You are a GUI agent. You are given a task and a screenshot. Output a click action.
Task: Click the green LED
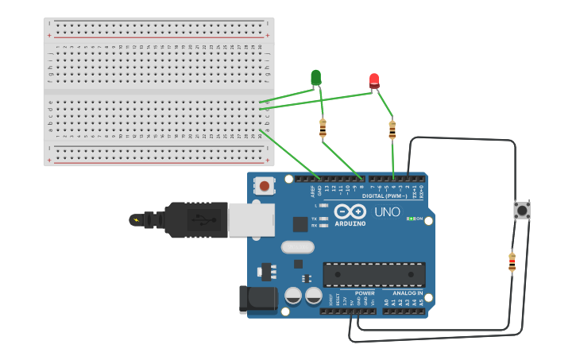[x=315, y=77]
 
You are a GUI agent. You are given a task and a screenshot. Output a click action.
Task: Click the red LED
[x=374, y=80]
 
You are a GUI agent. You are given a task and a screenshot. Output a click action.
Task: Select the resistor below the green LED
[x=323, y=128]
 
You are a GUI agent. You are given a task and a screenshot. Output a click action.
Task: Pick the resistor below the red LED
[x=392, y=130]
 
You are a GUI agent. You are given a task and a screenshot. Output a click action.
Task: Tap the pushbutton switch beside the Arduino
[x=522, y=211]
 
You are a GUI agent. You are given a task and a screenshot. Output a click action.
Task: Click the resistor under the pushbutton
[x=512, y=261]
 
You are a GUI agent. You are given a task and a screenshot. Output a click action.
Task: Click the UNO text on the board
[x=387, y=212]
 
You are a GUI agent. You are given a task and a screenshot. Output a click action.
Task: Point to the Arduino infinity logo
[x=350, y=212]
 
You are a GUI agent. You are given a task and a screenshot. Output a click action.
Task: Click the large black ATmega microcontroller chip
[x=373, y=274]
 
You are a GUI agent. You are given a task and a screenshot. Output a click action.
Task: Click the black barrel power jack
[x=259, y=299]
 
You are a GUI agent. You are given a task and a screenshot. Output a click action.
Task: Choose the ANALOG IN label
[x=408, y=293]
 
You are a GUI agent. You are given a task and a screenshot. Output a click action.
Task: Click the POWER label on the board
[x=365, y=293]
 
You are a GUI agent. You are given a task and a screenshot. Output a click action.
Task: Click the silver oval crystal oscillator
[x=298, y=248]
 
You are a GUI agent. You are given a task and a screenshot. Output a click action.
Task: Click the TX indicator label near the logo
[x=315, y=218]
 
